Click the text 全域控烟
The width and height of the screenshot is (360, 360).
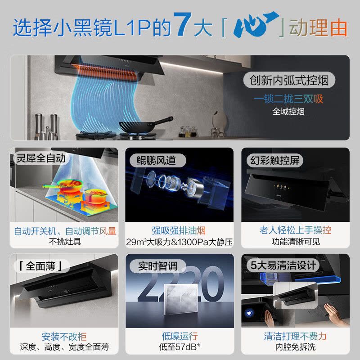[x=288, y=111]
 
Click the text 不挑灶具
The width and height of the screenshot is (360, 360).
[x=65, y=242]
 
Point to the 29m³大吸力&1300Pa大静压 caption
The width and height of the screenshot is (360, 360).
[x=179, y=242]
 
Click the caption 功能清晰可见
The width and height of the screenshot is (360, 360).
[x=295, y=242]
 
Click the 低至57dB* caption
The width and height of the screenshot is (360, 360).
[x=179, y=347]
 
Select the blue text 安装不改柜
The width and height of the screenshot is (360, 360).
[x=64, y=336]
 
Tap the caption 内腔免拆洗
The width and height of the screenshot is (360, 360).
[x=295, y=347]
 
